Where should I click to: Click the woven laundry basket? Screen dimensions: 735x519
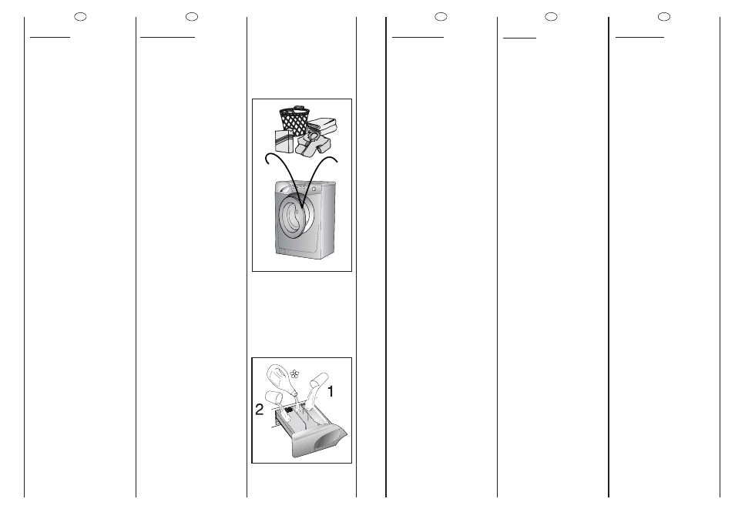click(294, 119)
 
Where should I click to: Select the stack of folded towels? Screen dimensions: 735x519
click(323, 125)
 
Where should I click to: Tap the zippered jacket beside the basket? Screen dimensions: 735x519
click(312, 143)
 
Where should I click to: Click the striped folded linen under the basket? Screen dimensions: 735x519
click(284, 141)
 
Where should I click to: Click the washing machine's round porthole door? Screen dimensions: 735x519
click(294, 216)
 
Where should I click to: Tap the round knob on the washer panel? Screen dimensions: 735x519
click(313, 189)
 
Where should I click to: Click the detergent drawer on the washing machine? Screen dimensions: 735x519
click(283, 189)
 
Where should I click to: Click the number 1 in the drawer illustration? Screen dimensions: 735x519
click(331, 391)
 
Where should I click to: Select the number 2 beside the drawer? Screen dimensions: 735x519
click(259, 410)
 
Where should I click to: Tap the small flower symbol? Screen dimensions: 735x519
click(294, 373)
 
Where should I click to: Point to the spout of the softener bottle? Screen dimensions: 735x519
click(294, 392)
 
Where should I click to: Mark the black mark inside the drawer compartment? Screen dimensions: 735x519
click(289, 410)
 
